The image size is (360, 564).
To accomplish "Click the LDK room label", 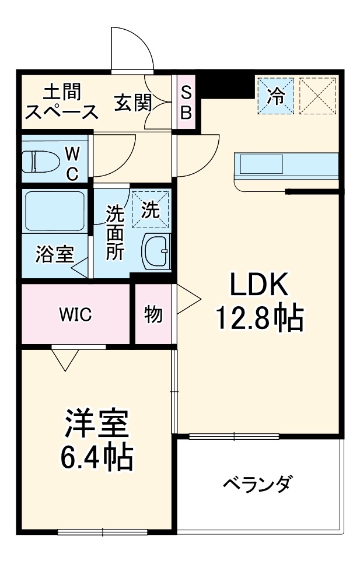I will click(259, 285).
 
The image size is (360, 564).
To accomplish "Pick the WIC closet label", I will click(75, 316).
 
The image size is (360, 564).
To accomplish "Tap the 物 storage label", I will click(153, 315).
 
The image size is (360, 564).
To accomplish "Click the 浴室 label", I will click(54, 254).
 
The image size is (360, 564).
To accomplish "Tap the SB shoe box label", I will click(186, 103).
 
